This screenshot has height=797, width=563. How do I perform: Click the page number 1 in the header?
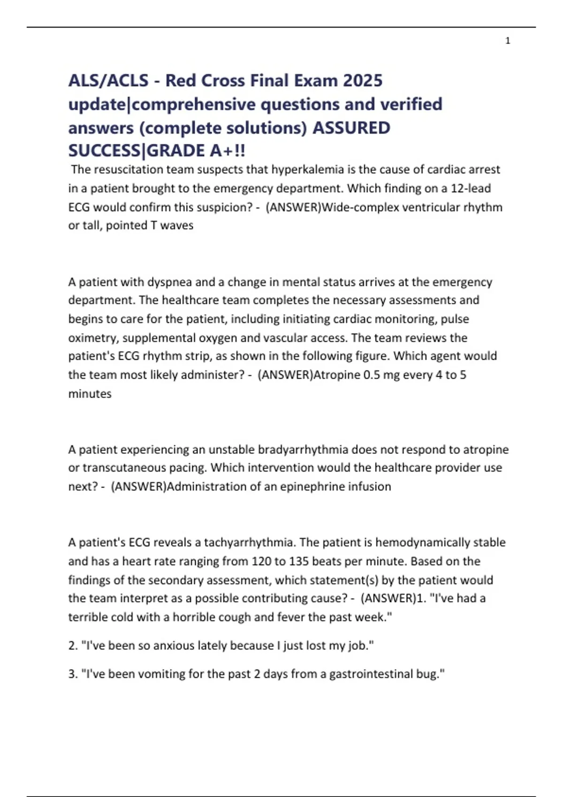(x=508, y=41)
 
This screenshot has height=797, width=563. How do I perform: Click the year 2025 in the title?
(x=363, y=81)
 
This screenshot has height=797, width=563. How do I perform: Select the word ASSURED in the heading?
(x=351, y=128)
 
